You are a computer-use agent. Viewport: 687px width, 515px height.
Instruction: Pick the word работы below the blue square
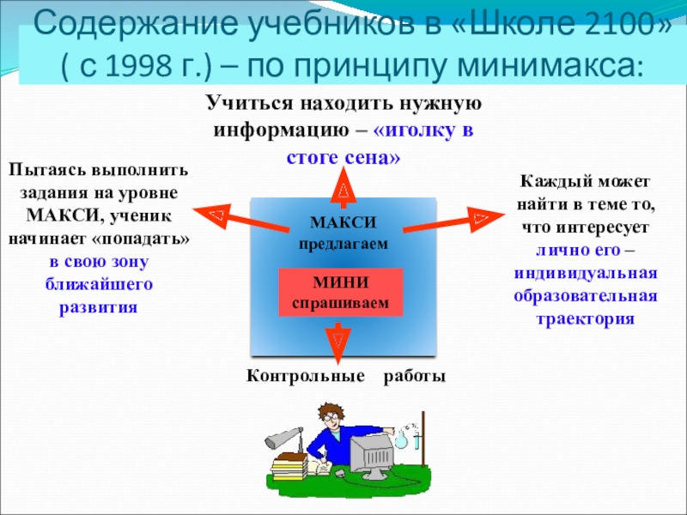tap(415, 377)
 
